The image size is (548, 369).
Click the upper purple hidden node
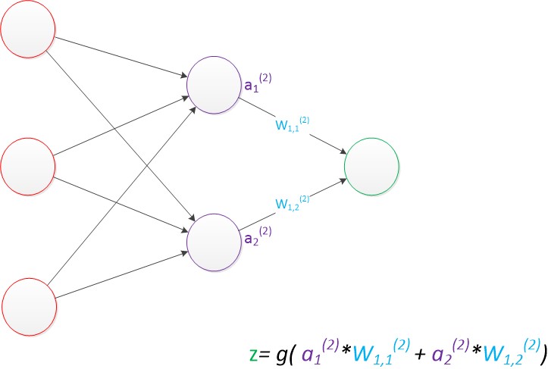pyautogui.click(x=214, y=83)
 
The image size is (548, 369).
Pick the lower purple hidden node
pyautogui.click(x=214, y=240)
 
